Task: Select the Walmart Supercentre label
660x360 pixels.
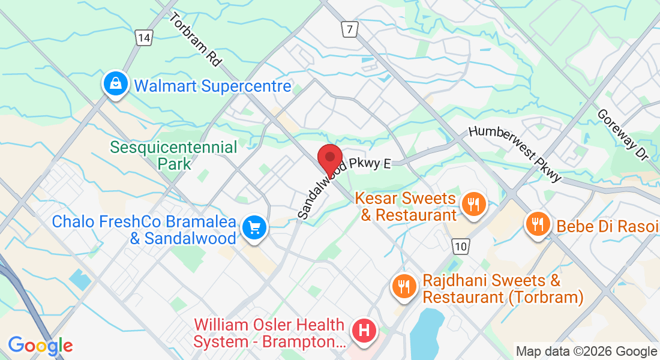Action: (212, 86)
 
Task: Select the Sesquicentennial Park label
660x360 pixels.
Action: (174, 155)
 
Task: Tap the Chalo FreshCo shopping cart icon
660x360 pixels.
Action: (254, 228)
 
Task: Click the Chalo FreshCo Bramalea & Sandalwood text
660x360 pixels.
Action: (144, 230)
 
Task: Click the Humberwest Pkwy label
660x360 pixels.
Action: (515, 154)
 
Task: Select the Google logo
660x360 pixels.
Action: (40, 346)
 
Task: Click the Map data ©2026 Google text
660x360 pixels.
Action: (586, 352)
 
